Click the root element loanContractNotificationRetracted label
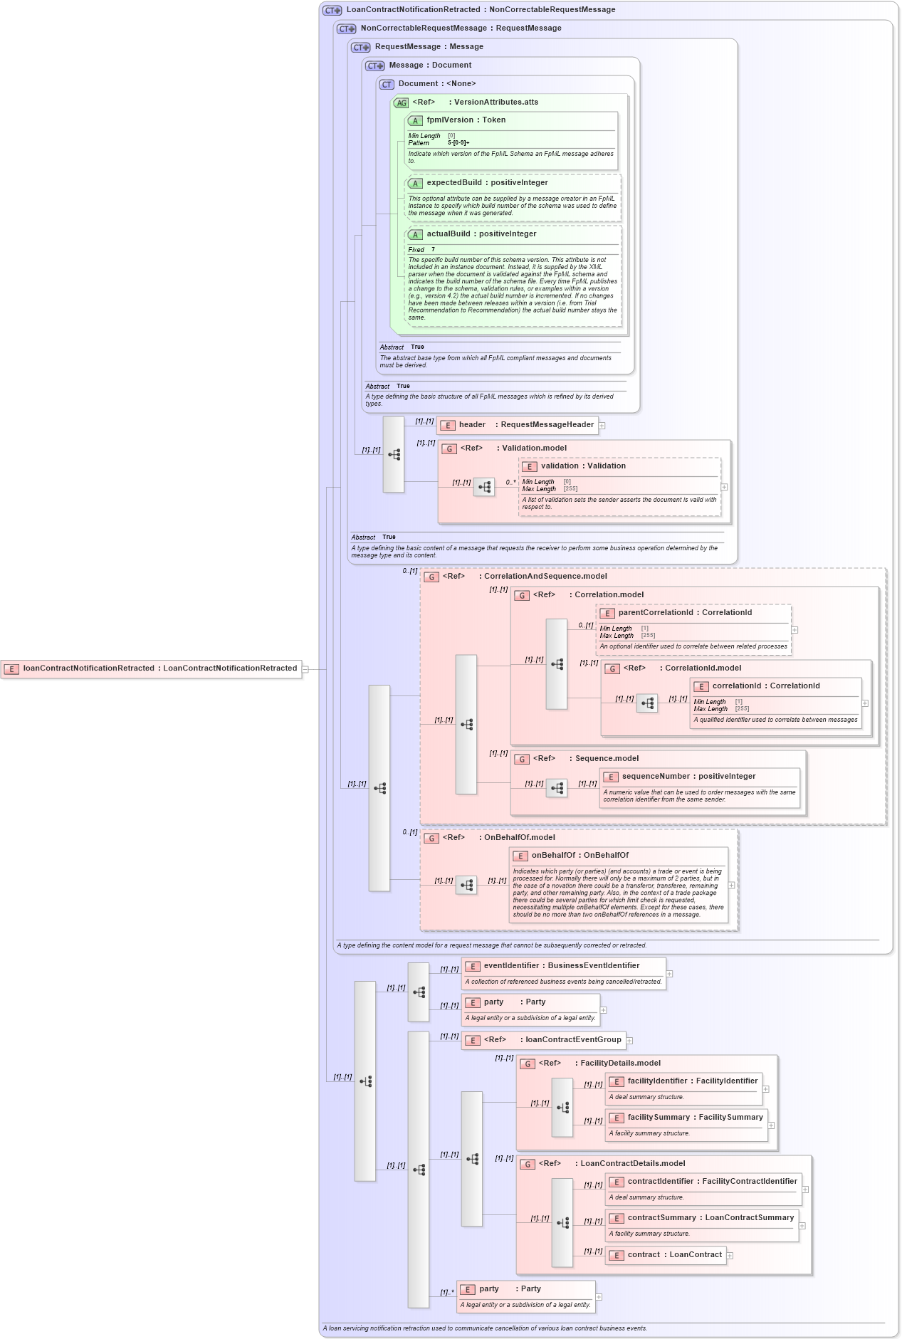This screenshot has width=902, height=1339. (x=159, y=668)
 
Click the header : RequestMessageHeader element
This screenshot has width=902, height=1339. (x=525, y=425)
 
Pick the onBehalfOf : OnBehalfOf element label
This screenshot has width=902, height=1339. (x=580, y=856)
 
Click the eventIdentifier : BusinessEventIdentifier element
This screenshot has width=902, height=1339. (x=561, y=966)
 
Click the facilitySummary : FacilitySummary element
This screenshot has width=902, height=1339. (x=695, y=1118)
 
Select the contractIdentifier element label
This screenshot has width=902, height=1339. (x=712, y=1182)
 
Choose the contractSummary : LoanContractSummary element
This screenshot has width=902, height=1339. (x=710, y=1218)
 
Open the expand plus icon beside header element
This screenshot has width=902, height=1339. (x=602, y=426)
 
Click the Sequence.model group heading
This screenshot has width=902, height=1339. (x=606, y=759)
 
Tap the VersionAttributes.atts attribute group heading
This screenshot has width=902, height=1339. (x=495, y=103)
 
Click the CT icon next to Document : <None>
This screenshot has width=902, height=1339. (x=387, y=85)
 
